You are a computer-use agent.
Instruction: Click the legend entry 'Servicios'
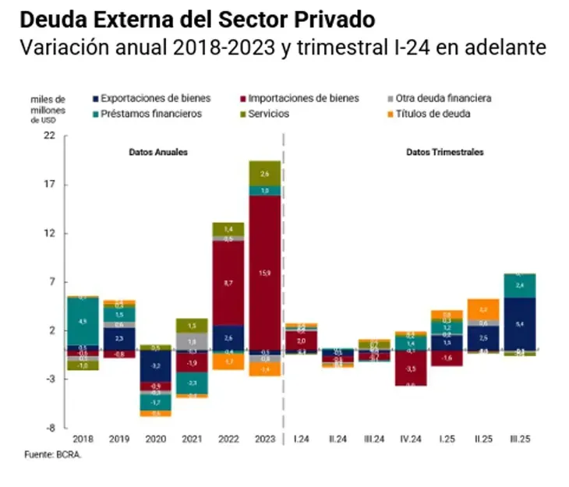click(270, 114)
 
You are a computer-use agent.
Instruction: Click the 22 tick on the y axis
click(51, 136)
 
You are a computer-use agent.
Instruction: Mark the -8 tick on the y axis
click(51, 428)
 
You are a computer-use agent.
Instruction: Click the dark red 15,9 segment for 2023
click(265, 272)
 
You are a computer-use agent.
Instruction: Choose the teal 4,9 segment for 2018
click(83, 320)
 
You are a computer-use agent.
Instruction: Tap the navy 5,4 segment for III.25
click(519, 323)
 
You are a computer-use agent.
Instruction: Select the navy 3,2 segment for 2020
click(155, 365)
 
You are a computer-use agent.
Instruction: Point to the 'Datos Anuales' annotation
click(158, 153)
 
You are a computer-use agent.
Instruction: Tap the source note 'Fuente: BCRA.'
click(55, 454)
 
